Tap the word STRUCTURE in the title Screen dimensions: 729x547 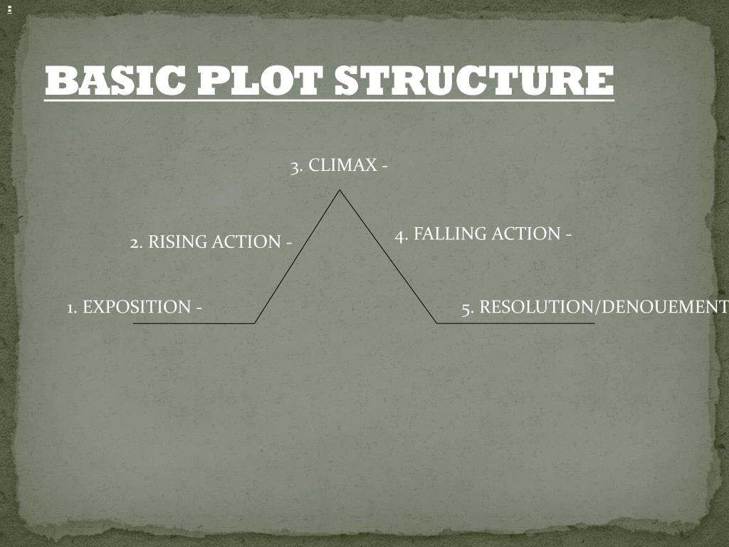473,80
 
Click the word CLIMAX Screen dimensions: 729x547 342,166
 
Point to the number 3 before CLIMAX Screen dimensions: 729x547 295,167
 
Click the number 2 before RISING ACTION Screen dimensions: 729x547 135,243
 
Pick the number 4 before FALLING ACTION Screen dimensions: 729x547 400,234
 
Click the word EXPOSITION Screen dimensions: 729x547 136,308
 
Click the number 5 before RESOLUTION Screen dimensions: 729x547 467,308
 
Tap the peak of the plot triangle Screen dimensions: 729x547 340,190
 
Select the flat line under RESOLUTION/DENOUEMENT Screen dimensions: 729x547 515,323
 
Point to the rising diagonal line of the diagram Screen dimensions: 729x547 297,256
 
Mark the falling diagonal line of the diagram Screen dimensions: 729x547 388,256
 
